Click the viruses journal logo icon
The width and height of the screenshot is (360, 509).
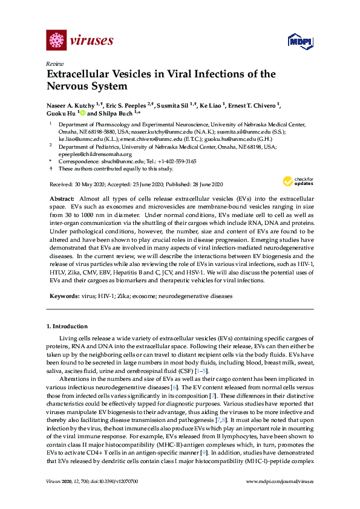56,41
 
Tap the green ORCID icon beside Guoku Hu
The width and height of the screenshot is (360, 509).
82,113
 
